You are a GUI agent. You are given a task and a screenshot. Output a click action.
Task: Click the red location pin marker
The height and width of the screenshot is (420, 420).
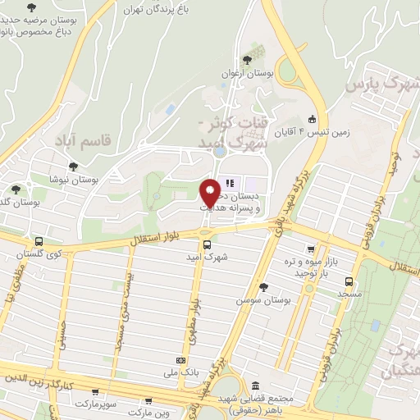pos(210,192)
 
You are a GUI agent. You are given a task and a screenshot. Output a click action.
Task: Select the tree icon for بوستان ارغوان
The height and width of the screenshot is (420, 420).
pos(248,59)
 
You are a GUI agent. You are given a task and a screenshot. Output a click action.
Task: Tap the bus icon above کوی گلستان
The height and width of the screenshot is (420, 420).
pos(39,242)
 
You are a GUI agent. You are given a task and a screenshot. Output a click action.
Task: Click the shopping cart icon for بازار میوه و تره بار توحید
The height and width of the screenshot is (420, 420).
pos(310,249)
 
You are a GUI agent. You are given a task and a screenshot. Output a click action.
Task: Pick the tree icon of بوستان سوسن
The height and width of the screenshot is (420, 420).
pos(263,286)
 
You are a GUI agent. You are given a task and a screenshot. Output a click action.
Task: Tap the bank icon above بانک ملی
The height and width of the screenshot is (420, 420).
pos(181,360)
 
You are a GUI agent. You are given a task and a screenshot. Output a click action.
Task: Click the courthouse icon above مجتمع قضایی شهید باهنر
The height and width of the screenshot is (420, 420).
pos(256,386)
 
